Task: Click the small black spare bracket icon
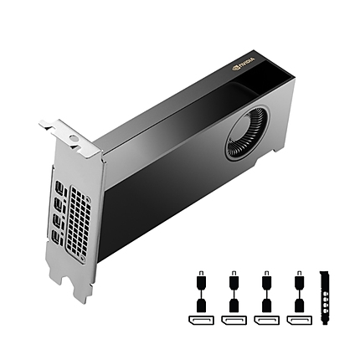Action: (327, 301)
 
